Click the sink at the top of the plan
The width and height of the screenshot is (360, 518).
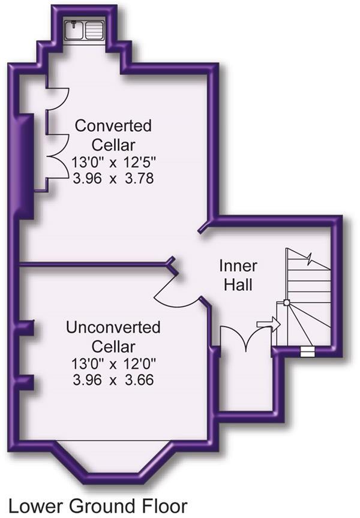click(x=85, y=30)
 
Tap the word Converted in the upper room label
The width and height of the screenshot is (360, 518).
click(x=113, y=126)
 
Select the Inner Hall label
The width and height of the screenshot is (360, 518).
click(x=238, y=276)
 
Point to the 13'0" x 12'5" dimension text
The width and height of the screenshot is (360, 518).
click(x=113, y=161)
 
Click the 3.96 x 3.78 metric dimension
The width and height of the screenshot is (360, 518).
click(x=113, y=179)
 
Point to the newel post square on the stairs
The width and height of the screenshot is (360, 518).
click(x=287, y=303)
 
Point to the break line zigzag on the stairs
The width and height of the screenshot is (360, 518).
click(x=310, y=260)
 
